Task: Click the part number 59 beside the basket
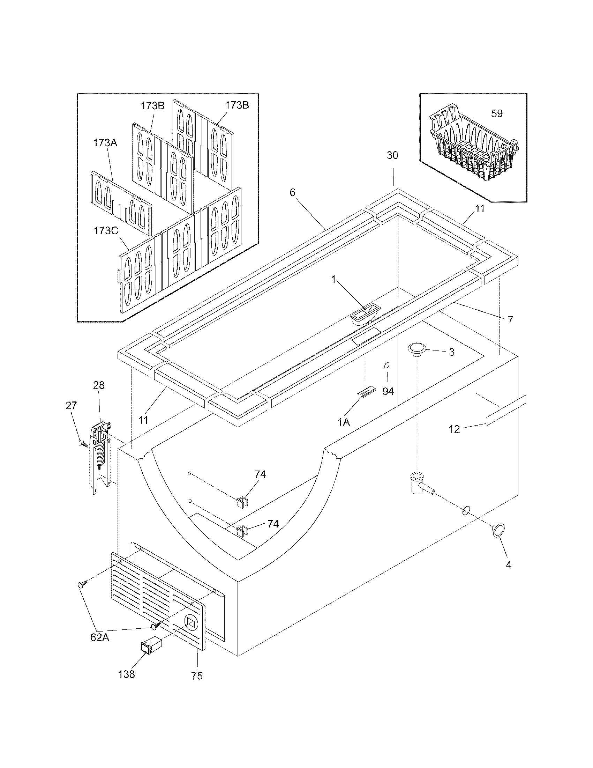tap(497, 113)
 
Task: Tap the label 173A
tap(105, 143)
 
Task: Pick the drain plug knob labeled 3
tap(416, 349)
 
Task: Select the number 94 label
tap(388, 391)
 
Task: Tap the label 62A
tap(100, 637)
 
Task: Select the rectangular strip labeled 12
tap(506, 410)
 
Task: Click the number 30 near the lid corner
tap(392, 155)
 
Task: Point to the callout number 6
tap(292, 192)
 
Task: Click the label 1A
tap(344, 422)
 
